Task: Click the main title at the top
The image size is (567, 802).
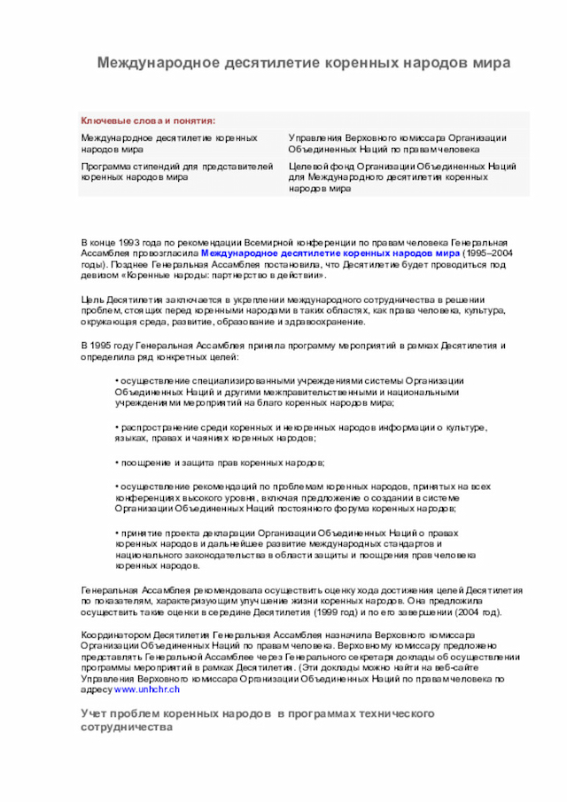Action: (x=303, y=64)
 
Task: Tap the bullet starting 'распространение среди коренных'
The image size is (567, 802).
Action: (x=301, y=428)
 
